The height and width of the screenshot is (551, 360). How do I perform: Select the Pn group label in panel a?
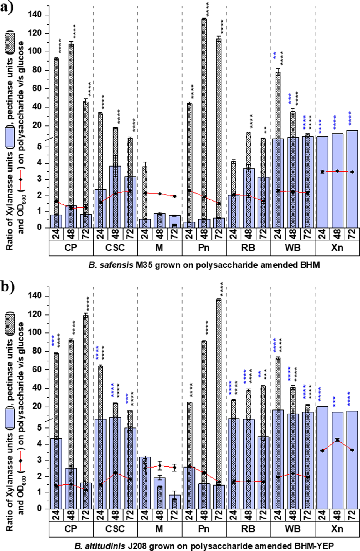[204, 248]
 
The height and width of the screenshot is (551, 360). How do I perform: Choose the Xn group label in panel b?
[337, 529]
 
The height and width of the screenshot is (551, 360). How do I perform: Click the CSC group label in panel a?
[115, 248]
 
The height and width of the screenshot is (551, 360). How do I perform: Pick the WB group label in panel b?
[293, 529]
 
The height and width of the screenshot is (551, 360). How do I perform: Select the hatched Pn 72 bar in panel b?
[219, 385]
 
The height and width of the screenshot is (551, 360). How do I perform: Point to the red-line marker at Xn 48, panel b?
[337, 440]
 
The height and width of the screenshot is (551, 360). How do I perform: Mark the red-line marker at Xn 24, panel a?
[322, 172]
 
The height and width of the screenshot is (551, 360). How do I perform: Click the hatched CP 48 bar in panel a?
[71, 115]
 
